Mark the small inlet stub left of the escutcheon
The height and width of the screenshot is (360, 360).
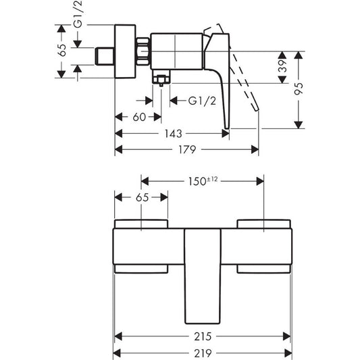107,55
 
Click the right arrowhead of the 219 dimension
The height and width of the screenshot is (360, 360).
289,353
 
